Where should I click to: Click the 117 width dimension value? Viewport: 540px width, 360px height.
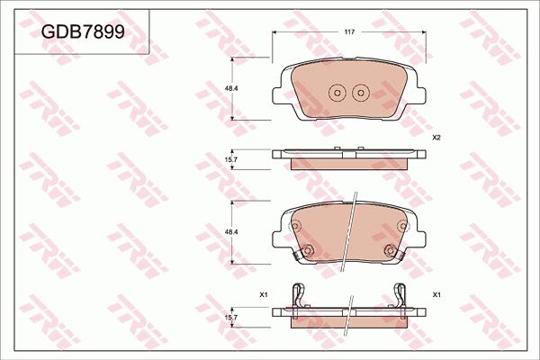[348, 32]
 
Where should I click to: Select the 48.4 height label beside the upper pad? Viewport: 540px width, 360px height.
[229, 88]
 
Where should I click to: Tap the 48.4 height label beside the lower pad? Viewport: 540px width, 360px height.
[229, 232]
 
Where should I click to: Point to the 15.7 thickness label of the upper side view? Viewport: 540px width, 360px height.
[229, 159]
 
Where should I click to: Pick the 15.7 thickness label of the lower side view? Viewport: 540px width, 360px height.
[229, 317]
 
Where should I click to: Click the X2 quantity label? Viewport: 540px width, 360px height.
[436, 138]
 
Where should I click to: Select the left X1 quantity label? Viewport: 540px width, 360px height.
[264, 294]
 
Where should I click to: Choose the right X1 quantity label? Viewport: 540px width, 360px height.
[436, 294]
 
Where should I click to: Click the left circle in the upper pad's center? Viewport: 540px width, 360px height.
[337, 92]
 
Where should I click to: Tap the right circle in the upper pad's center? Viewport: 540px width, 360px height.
[360, 92]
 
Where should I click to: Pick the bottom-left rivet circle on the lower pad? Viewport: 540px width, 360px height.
[306, 251]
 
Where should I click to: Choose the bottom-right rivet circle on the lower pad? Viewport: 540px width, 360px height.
[390, 251]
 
